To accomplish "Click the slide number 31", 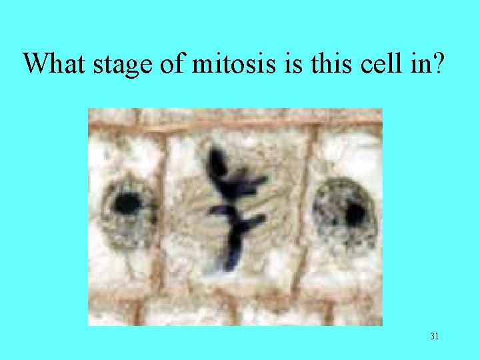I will tap(434, 337).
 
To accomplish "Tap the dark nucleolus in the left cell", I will tap(127, 203).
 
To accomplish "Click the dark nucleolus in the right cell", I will tap(355, 214).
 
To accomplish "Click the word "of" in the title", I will tap(171, 63).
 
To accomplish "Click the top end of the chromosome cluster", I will tap(216, 157).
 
